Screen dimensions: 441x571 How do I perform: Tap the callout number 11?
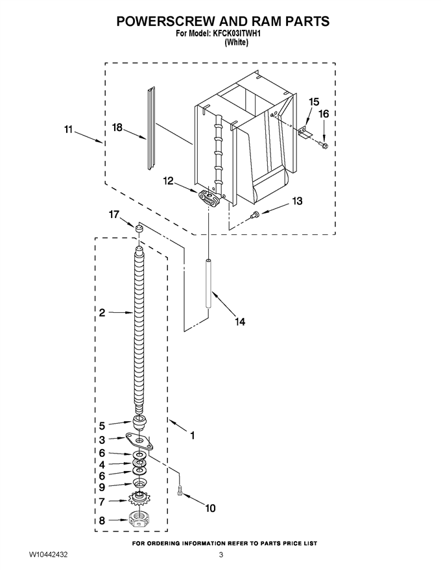[68, 129]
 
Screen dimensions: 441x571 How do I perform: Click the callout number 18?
[117, 128]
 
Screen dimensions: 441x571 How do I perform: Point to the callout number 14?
[240, 322]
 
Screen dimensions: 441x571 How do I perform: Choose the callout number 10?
[211, 507]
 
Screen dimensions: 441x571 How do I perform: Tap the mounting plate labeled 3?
[139, 441]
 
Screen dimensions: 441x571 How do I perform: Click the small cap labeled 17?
[138, 228]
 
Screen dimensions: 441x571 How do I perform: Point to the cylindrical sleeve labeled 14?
[208, 284]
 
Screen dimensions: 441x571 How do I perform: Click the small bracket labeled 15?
[305, 132]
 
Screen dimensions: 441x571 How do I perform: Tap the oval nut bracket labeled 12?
[209, 197]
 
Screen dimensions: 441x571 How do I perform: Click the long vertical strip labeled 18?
[151, 128]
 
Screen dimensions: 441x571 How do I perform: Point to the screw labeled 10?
[178, 491]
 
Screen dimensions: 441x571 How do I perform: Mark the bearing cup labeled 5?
[139, 422]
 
